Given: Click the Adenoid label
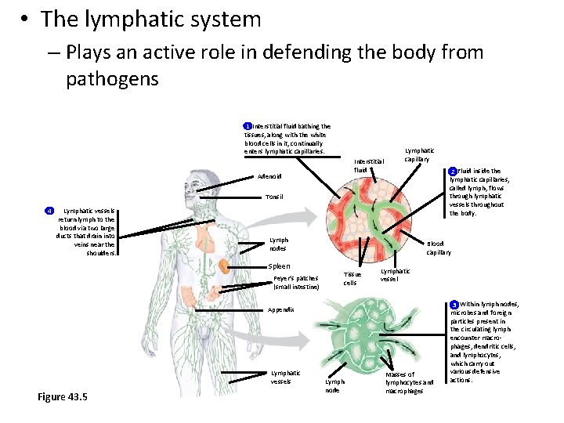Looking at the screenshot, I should click(x=269, y=176).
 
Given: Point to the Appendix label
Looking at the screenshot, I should click(x=280, y=310).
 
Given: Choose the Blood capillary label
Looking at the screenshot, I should click(x=439, y=248).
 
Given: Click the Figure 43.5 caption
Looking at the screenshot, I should click(x=63, y=397).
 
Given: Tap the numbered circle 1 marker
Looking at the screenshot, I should click(x=247, y=126).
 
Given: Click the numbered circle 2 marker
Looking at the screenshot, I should click(x=452, y=171).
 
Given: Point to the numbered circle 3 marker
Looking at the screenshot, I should click(x=454, y=304).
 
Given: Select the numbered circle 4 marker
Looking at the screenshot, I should click(x=49, y=211).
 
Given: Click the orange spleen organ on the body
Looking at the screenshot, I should click(x=223, y=266).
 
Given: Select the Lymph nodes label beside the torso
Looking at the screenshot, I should click(x=278, y=244).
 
